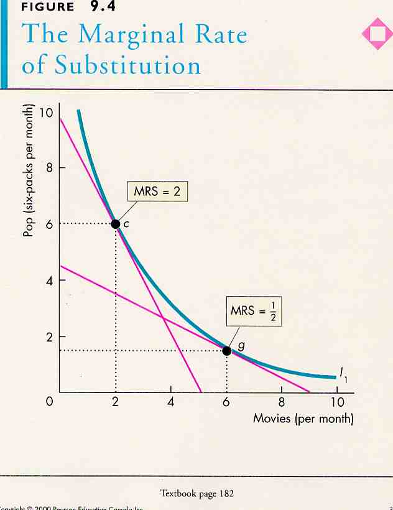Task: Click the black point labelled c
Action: [x=115, y=224]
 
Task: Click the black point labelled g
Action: [x=226, y=350]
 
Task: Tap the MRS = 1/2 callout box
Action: [x=256, y=310]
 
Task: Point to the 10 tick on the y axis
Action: [x=45, y=113]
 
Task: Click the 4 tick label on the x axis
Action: [x=171, y=402]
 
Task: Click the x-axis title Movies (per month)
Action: [x=303, y=418]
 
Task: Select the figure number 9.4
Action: [x=103, y=7]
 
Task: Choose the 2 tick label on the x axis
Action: [x=116, y=402]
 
